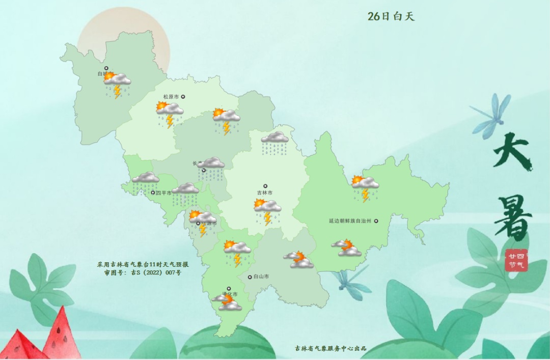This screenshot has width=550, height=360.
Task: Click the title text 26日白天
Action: point(391,16)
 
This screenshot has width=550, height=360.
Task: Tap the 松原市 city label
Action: point(171,97)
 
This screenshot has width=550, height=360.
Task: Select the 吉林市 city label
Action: point(265,193)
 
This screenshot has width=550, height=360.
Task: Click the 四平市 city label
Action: point(163,193)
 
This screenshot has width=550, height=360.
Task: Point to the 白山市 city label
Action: point(261,277)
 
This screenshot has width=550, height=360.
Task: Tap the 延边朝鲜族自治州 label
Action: point(350,221)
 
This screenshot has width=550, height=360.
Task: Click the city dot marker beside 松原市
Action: point(183,97)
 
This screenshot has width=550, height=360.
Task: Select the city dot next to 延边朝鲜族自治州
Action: point(376,221)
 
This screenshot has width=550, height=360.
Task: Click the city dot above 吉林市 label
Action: point(265,186)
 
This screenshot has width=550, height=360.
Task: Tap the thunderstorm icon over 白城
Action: point(117,85)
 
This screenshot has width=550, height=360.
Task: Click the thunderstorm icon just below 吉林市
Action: point(267,211)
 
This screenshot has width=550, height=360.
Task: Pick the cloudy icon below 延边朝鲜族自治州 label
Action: point(346,247)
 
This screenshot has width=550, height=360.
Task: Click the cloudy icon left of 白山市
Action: point(299,260)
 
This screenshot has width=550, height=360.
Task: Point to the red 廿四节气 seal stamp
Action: point(516,260)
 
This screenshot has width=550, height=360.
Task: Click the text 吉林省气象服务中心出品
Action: point(331,349)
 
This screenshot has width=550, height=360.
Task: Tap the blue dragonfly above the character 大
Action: point(491,115)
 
